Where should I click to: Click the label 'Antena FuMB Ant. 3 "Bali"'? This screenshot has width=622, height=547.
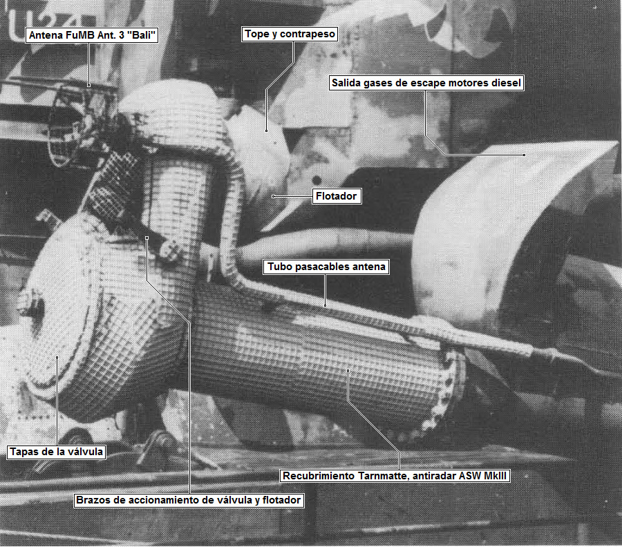tap(92, 35)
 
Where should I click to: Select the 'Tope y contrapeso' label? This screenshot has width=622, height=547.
tap(290, 34)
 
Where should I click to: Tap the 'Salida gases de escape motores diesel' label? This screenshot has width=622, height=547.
tap(426, 83)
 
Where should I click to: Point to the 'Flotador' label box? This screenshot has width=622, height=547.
tap(337, 196)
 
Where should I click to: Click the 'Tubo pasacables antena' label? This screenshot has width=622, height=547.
tap(326, 267)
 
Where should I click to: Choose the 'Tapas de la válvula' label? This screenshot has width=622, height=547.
tap(57, 452)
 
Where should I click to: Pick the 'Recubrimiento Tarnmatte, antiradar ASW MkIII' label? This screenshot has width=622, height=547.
tap(395, 476)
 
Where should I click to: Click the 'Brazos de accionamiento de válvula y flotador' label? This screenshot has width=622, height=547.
tap(189, 500)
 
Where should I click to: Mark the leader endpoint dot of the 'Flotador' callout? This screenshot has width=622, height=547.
tap(273, 196)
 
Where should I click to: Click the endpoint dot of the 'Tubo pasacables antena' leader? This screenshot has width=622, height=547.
tap(326, 305)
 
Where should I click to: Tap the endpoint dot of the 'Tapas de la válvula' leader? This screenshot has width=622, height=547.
tap(57, 357)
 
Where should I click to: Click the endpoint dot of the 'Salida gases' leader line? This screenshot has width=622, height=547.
tap(524, 155)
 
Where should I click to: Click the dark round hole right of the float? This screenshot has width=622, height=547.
tap(317, 180)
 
